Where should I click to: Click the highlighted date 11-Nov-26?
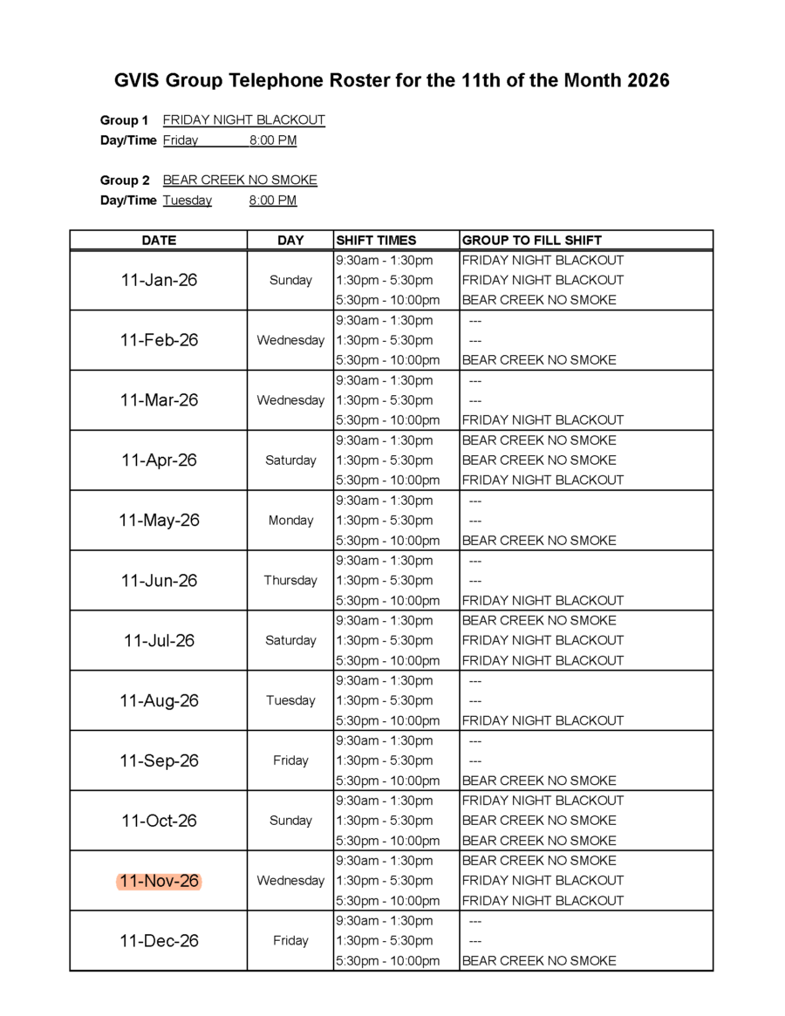coord(159,881)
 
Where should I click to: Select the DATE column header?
coord(159,240)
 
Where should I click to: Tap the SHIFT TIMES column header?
coord(376,240)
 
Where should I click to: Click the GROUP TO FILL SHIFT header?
coord(531,240)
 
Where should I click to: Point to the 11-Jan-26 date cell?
coord(159,280)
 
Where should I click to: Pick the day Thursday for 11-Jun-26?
coord(290,580)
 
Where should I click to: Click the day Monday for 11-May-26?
coord(290,521)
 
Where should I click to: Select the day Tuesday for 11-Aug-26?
coord(290,700)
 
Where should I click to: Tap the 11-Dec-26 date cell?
coord(159,941)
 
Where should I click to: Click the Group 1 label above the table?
coord(124,120)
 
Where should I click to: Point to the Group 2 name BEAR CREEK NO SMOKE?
coord(240,181)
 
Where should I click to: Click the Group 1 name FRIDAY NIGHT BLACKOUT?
coord(243,120)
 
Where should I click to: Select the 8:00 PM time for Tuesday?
coord(272,201)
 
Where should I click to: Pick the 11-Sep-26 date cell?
coord(159,760)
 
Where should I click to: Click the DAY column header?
coord(290,240)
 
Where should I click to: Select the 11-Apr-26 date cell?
coord(159,460)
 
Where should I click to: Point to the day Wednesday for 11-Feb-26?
coord(290,340)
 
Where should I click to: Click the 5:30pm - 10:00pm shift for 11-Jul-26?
coord(387,660)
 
